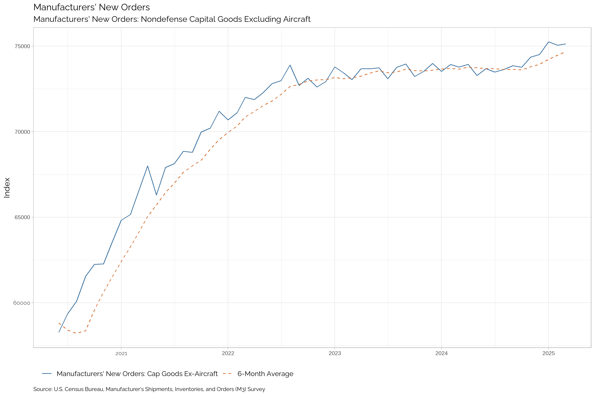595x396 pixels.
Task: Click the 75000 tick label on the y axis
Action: [22, 46]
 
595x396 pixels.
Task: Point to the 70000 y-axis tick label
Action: [22, 132]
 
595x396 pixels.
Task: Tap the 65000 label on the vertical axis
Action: [22, 217]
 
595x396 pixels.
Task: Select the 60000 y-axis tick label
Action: [22, 303]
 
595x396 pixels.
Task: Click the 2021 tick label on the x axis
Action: [121, 354]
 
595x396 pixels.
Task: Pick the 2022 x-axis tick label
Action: [228, 354]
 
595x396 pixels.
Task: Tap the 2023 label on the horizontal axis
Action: [335, 354]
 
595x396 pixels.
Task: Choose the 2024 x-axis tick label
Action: [441, 354]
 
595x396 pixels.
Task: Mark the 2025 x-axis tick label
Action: [549, 354]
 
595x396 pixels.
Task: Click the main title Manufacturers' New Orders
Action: [92, 7]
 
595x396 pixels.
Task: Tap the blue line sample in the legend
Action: [47, 373]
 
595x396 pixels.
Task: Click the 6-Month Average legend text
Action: [265, 374]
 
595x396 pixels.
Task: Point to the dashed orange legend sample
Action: [227, 373]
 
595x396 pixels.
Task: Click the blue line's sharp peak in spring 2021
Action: [148, 166]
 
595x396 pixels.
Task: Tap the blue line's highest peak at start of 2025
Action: [549, 42]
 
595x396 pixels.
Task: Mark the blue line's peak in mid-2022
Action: [290, 65]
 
